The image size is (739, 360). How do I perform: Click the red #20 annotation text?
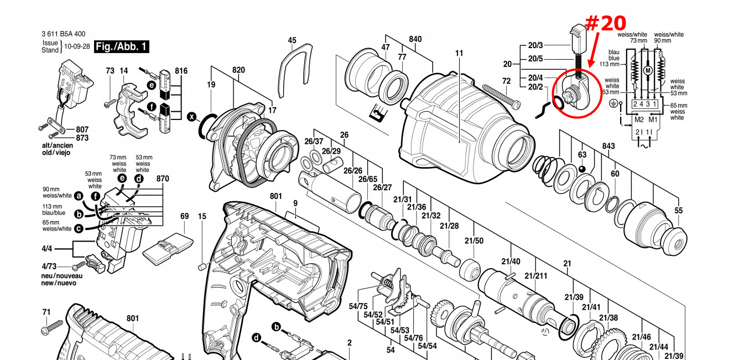[x=606, y=23]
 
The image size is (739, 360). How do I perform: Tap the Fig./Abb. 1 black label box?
[x=121, y=46]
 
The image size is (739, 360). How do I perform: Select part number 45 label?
[x=292, y=40]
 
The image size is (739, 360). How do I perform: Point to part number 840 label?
[x=415, y=39]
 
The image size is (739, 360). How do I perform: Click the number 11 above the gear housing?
[x=459, y=53]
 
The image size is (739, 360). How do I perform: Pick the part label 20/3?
[x=535, y=45]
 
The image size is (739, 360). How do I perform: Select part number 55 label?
[x=679, y=210]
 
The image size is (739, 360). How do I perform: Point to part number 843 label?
[x=608, y=145]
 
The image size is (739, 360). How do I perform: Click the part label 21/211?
[x=535, y=276]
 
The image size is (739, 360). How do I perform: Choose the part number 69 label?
[x=185, y=216]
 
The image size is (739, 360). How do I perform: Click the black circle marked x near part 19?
[x=192, y=117]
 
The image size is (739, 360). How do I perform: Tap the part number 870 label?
[x=163, y=179]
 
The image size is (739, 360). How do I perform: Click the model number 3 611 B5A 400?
[x=63, y=34]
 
